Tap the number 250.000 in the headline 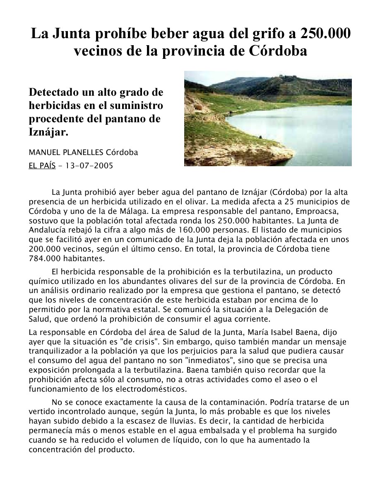click(x=325, y=33)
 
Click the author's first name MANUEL click(x=43, y=152)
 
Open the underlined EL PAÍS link click(x=42, y=166)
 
